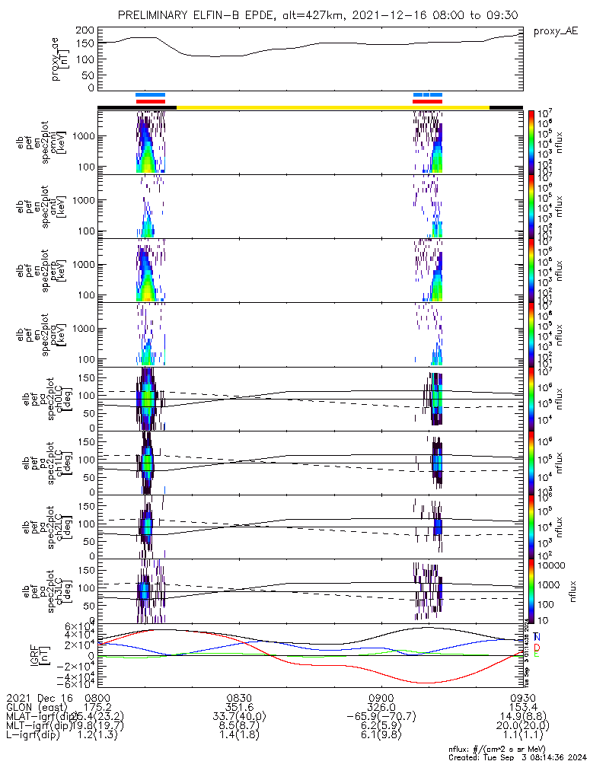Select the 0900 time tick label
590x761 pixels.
coord(381,697)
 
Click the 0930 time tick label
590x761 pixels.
coord(522,697)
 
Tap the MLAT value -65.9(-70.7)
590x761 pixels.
coord(381,717)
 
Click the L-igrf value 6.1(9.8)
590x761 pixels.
coord(381,737)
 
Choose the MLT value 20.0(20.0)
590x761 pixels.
coord(522,727)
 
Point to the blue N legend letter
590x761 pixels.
coord(537,637)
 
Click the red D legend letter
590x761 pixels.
coord(537,646)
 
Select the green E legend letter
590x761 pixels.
coord(537,655)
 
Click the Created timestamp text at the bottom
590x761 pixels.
coord(518,756)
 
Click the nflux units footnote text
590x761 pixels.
coord(518,747)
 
